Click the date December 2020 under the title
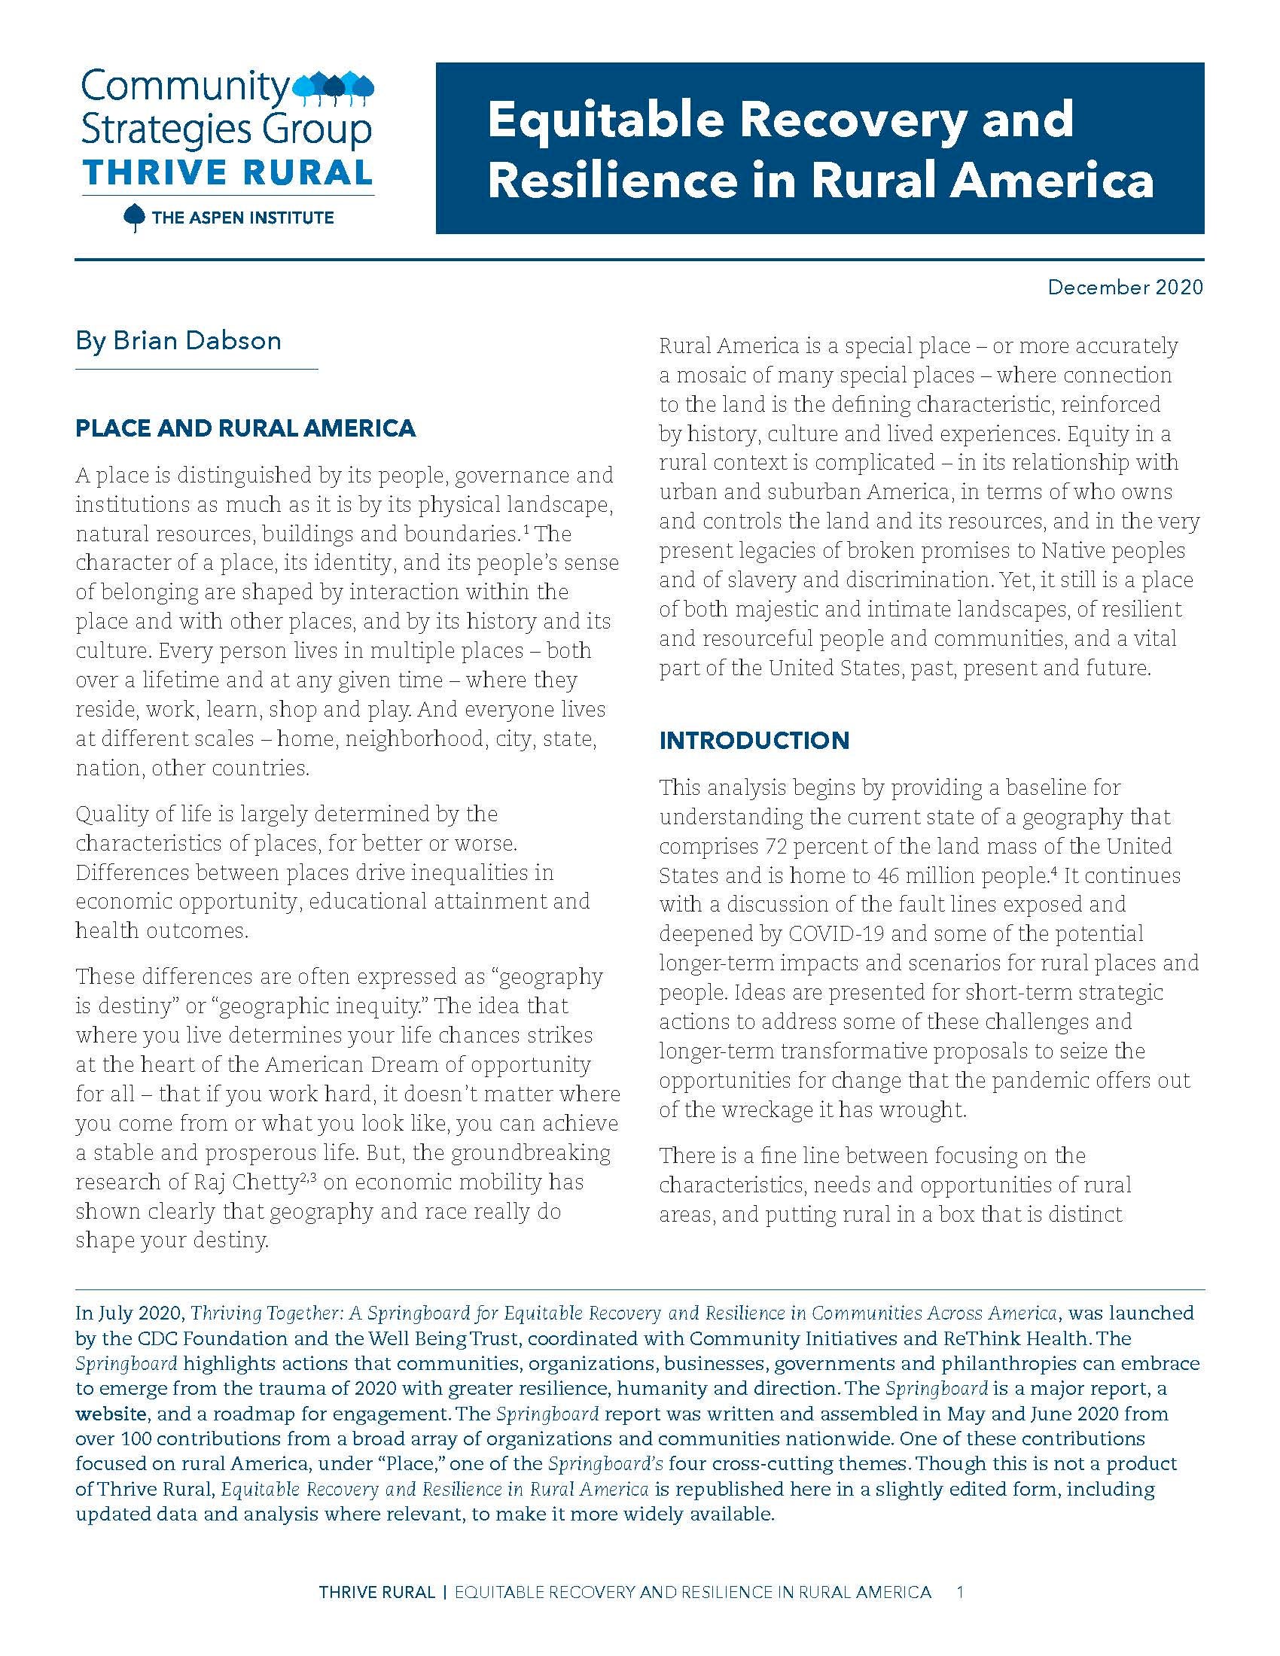click(x=1125, y=288)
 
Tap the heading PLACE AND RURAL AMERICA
click(x=245, y=428)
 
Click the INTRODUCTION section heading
click(x=754, y=740)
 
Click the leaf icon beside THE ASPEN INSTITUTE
click(x=134, y=218)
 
